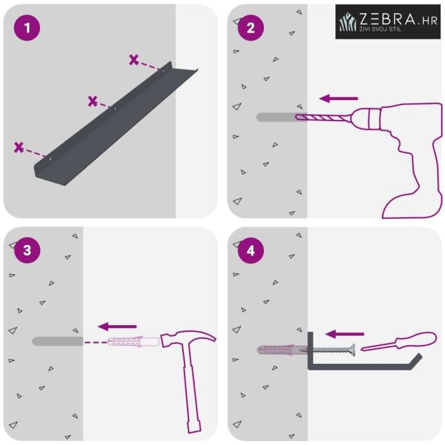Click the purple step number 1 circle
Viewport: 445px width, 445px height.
(x=27, y=28)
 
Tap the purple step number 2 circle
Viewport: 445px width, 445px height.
(x=251, y=28)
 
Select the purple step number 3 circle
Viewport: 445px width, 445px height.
(x=27, y=250)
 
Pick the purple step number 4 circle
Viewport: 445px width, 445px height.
(x=251, y=251)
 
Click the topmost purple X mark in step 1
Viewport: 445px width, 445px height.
(x=133, y=59)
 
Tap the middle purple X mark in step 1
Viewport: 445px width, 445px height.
(x=93, y=101)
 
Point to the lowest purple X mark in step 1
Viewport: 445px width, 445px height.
(x=19, y=148)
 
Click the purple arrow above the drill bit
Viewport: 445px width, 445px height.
(x=339, y=99)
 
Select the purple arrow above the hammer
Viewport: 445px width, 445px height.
(x=117, y=326)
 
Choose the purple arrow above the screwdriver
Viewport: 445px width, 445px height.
(x=344, y=334)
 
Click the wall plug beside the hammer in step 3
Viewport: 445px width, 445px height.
(x=133, y=342)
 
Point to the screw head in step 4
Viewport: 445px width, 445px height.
(x=352, y=350)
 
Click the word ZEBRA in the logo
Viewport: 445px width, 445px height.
(x=388, y=19)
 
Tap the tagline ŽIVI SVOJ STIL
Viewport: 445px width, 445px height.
(x=380, y=29)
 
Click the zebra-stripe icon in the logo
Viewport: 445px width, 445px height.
(x=348, y=22)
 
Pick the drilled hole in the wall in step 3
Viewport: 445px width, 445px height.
(x=57, y=341)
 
